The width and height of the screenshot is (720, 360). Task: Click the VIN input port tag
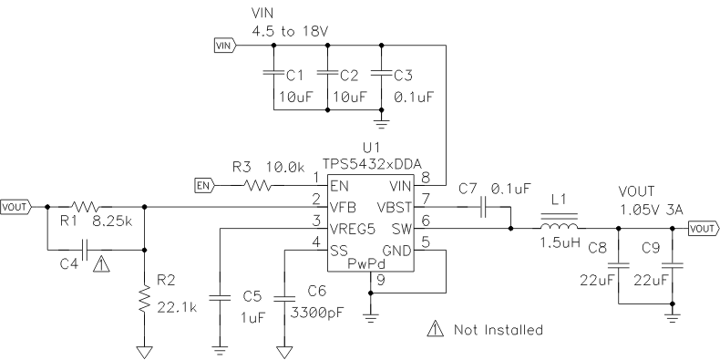tap(224, 43)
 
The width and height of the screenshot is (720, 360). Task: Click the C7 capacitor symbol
tap(484, 207)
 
